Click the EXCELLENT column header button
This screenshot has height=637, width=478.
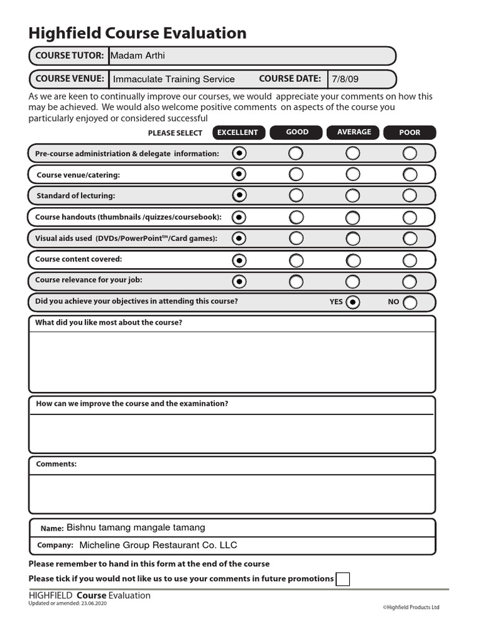click(238, 133)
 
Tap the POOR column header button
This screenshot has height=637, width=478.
click(410, 133)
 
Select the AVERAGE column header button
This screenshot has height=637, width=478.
click(354, 132)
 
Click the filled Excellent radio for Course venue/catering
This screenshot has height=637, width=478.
click(239, 174)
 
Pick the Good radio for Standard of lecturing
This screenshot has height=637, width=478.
click(296, 195)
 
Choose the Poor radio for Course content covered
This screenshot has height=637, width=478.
click(410, 259)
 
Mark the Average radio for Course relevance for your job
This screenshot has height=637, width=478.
click(353, 281)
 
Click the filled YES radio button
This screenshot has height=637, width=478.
click(353, 302)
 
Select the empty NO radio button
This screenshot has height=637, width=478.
click(410, 302)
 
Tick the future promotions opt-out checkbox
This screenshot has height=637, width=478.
click(342, 579)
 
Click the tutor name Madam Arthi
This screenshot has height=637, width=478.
click(138, 55)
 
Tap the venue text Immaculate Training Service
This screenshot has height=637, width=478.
click(174, 79)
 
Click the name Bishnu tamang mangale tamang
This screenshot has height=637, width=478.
click(136, 528)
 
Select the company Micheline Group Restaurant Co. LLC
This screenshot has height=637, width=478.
click(158, 545)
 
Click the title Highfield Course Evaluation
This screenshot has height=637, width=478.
click(138, 33)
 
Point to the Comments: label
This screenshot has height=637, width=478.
click(56, 464)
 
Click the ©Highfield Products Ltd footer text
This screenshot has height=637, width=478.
click(411, 607)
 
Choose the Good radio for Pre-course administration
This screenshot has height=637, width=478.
click(296, 153)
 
